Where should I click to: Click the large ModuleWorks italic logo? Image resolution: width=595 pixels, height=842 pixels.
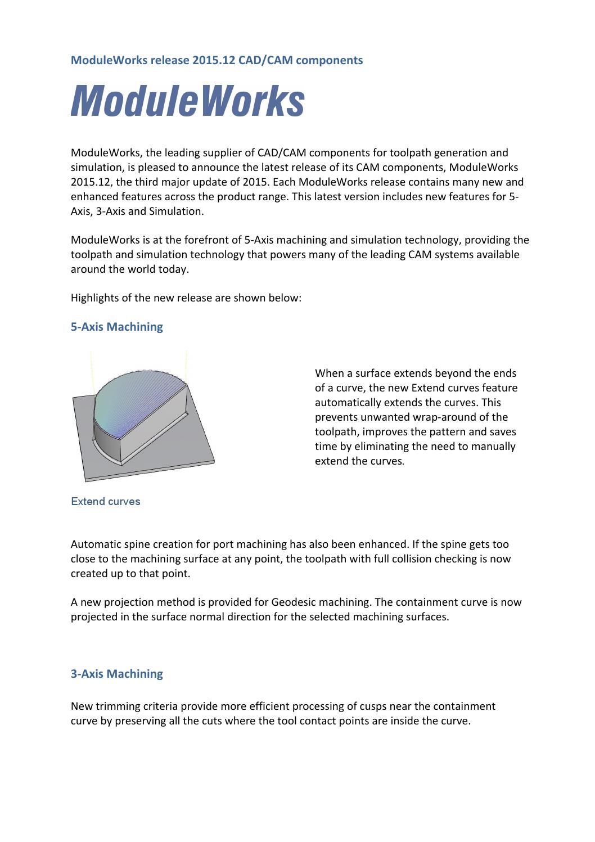tap(187, 102)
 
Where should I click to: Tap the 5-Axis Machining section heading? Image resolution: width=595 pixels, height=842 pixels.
tap(116, 327)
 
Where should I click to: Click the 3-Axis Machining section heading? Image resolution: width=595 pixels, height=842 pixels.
tap(116, 674)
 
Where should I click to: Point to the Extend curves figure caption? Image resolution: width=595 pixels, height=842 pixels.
tap(105, 502)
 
